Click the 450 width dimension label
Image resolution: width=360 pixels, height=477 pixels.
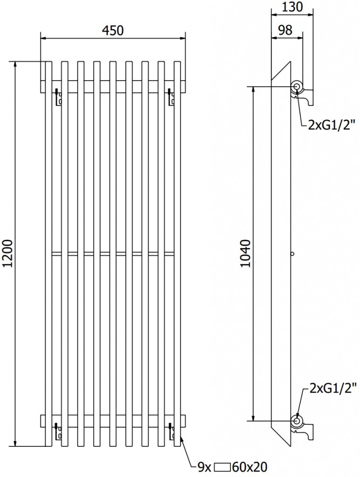[113, 31]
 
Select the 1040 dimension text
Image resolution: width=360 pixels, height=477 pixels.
[246, 254]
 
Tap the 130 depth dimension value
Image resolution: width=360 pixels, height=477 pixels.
[292, 7]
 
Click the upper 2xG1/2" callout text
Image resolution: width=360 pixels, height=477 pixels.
[332, 124]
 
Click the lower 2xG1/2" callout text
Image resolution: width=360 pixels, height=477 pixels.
[333, 388]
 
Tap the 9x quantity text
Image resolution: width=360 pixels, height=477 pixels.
[204, 466]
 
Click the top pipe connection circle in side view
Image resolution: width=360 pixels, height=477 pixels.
[297, 86]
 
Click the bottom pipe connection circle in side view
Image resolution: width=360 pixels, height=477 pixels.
[297, 422]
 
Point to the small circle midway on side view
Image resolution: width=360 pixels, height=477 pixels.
[292, 254]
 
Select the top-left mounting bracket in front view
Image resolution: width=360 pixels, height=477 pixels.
[58, 97]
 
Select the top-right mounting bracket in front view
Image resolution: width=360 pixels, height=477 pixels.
[171, 97]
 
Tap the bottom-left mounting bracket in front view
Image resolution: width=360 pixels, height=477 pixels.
[58, 432]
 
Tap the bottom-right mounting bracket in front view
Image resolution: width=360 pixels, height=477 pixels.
[171, 432]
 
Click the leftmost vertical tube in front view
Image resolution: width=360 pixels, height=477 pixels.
[48, 254]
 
